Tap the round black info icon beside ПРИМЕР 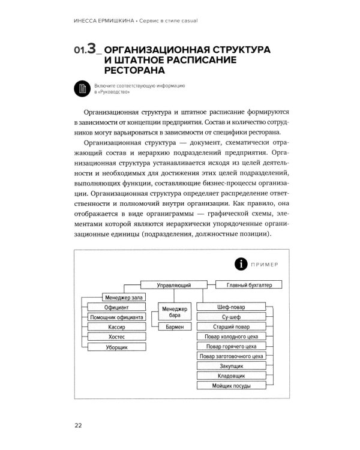(x=240, y=263)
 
